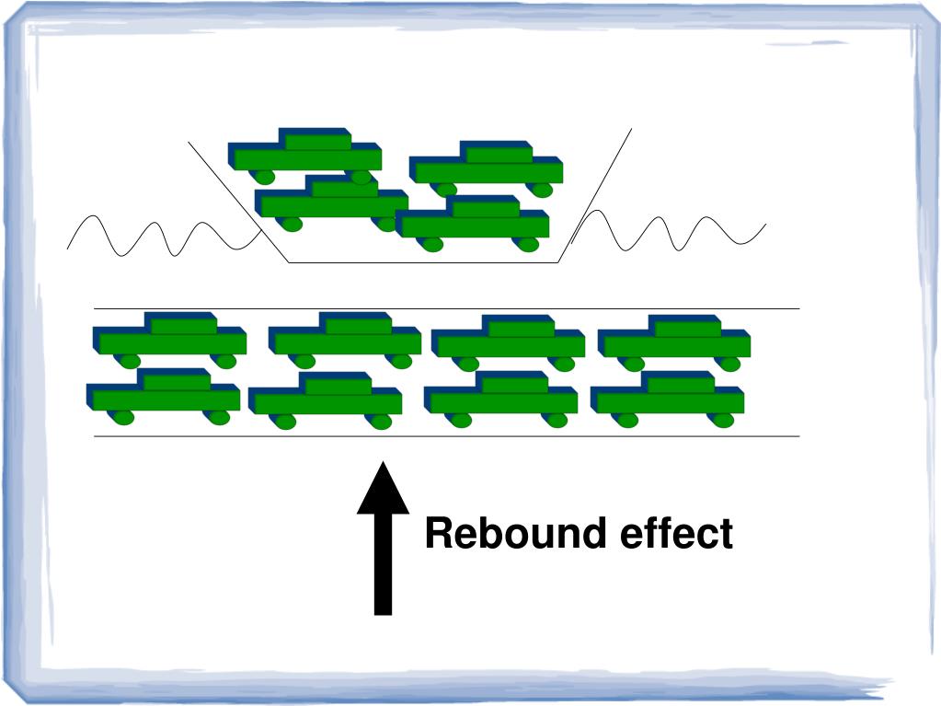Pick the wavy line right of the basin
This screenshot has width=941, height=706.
pos(671,230)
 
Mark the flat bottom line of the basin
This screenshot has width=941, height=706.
pos(423,262)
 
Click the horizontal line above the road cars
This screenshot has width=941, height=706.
pos(446,308)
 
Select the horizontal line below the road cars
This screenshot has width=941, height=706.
pos(446,435)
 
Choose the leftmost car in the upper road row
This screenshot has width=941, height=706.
pos(170,339)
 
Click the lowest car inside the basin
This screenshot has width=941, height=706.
pos(474,222)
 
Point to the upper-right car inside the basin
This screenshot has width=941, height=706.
pos(486,167)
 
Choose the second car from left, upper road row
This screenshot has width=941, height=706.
pos(345,338)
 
